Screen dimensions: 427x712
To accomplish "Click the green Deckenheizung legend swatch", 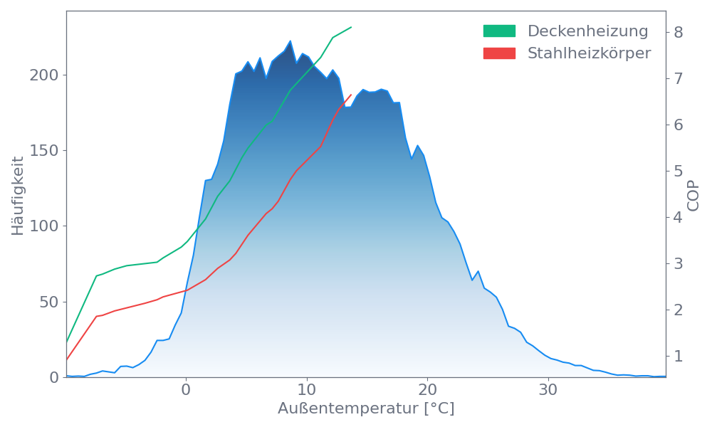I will (x=499, y=31).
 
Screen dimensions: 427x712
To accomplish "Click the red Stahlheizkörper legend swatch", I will (x=499, y=53).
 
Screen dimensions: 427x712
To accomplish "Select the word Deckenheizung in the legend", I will (x=587, y=31).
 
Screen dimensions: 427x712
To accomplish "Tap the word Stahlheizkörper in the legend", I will (x=589, y=53).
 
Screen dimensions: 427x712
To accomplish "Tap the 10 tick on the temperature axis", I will (x=306, y=390).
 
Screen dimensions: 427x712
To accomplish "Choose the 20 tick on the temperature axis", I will (x=427, y=390).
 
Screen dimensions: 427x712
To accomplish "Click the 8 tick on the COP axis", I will (x=679, y=32).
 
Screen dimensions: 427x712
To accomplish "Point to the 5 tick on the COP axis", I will (x=679, y=171).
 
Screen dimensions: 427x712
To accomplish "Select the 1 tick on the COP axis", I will (x=679, y=356).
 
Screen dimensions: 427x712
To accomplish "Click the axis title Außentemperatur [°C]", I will (x=366, y=409).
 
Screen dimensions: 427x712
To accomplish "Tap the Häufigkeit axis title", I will (x=18, y=196).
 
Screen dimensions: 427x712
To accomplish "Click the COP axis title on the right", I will (x=694, y=194).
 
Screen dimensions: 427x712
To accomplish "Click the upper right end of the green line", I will (x=352, y=27).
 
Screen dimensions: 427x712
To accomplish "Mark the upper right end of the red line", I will (x=352, y=95).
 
